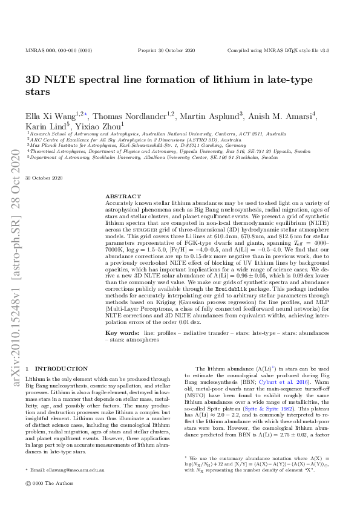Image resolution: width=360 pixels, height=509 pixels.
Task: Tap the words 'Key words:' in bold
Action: tap(123, 332)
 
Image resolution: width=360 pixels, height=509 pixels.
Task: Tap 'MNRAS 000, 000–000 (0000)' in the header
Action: tap(59, 51)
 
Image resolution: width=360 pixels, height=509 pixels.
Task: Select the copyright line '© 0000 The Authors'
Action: tap(47, 500)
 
